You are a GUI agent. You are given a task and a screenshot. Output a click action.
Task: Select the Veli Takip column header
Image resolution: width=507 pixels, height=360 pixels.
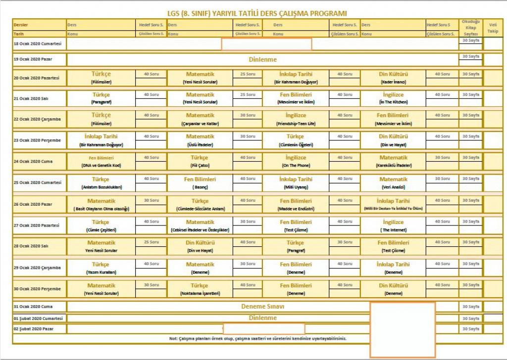493,27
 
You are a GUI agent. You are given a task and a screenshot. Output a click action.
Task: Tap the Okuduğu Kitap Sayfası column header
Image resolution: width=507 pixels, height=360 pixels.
470,28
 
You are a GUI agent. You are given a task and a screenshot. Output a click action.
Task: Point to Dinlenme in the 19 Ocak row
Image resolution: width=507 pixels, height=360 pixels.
262,59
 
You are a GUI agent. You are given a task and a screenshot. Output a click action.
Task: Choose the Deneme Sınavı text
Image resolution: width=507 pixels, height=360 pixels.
262,306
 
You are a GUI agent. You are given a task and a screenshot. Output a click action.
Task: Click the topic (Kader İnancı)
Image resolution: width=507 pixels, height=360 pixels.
394,82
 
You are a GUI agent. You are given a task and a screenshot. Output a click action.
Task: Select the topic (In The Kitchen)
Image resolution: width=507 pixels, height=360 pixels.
394,102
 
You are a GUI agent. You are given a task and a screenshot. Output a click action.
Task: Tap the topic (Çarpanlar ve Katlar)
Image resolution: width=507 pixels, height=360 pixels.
200,123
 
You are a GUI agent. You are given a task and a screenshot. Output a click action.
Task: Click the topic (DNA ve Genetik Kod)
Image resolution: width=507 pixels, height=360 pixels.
101,165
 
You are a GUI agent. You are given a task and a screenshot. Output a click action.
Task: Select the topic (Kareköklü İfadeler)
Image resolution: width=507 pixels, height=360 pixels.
394,165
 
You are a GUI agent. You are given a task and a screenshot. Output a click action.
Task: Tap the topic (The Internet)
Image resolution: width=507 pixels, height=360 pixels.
394,230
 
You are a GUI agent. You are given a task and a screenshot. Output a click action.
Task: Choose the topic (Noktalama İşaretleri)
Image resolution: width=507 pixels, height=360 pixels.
200,293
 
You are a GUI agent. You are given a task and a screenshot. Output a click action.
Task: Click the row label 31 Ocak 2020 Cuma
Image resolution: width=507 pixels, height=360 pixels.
33,306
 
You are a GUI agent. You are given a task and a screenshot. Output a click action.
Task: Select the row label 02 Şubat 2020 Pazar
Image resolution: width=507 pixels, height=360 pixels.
34,329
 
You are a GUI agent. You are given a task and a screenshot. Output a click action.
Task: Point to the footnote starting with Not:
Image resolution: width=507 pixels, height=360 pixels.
257,339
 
